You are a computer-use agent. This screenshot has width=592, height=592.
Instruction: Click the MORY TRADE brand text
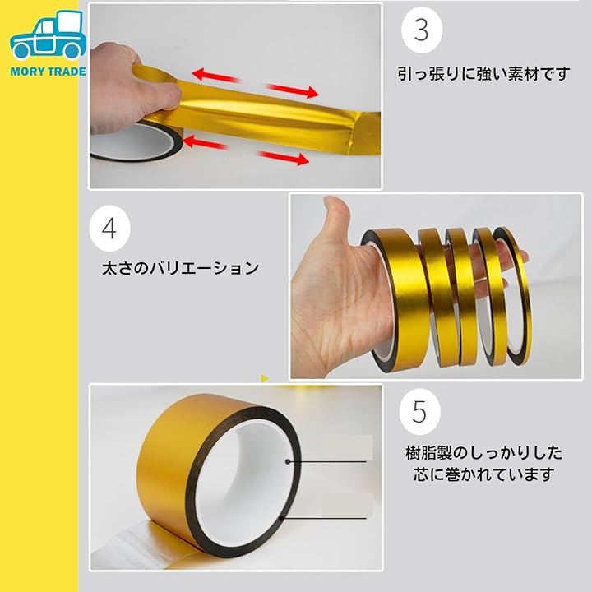(48, 72)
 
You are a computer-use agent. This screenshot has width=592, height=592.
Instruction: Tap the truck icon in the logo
(48, 35)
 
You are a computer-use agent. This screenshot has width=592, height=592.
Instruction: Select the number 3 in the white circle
(421, 30)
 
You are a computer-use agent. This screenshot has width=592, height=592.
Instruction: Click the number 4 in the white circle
(109, 228)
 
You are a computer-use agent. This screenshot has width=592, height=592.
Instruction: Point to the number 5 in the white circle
(419, 412)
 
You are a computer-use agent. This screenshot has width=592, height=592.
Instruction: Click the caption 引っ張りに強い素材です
(483, 74)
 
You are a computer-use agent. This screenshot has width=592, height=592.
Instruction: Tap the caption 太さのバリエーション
(180, 268)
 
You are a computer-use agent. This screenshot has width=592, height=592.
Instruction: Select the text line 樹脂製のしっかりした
(483, 453)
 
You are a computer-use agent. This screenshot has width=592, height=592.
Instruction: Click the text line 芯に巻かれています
(483, 474)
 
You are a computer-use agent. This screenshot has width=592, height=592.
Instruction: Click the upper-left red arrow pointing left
(216, 76)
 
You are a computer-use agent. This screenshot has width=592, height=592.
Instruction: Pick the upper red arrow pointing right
(293, 90)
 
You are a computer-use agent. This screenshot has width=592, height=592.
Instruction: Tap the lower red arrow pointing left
(205, 142)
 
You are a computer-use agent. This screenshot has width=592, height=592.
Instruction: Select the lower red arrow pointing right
(284, 157)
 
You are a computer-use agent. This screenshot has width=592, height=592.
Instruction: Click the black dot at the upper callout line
(288, 461)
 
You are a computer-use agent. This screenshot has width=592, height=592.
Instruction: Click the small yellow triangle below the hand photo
(265, 378)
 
